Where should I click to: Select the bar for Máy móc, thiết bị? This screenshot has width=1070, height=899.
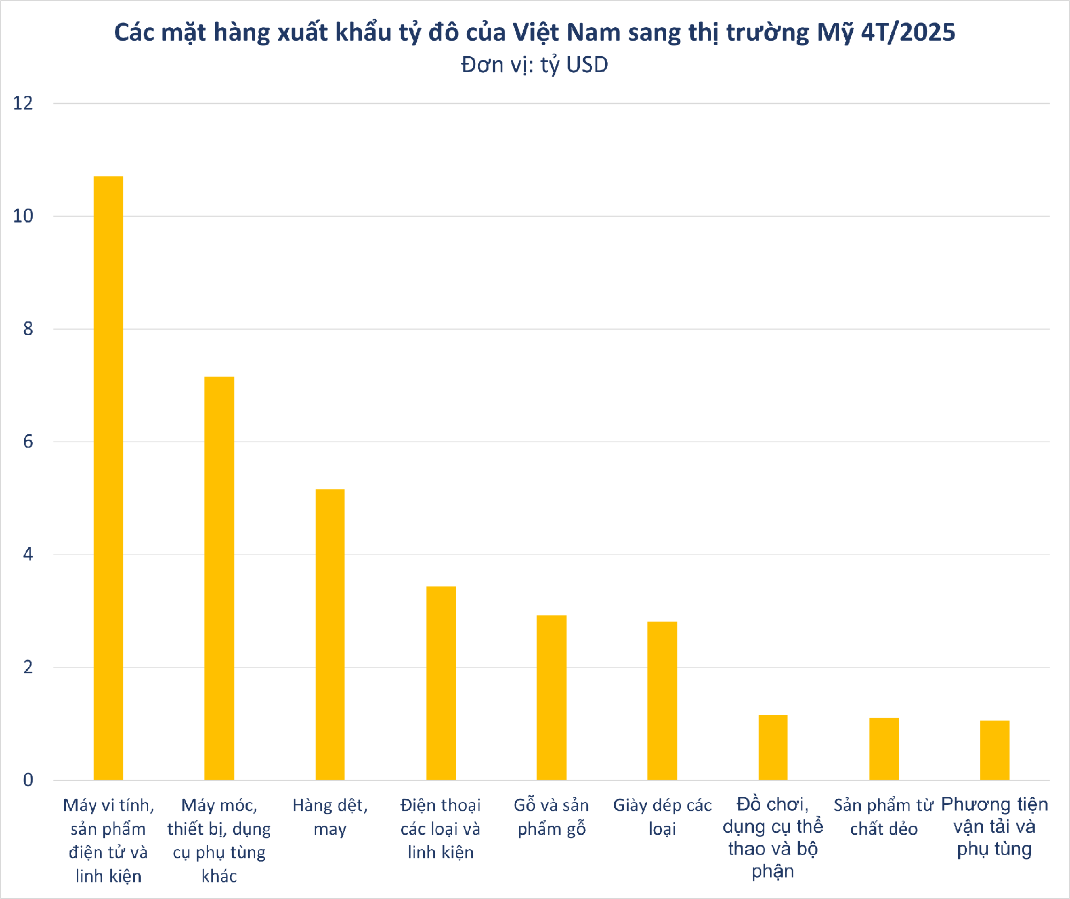click(x=219, y=578)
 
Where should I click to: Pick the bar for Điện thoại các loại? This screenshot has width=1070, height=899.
click(x=441, y=683)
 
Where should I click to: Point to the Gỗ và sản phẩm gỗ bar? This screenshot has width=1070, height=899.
click(x=552, y=697)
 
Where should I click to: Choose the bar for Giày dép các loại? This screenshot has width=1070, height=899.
click(x=662, y=701)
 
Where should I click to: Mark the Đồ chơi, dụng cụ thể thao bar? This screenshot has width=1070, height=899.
click(x=773, y=747)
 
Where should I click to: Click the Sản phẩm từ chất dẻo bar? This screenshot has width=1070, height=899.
click(x=884, y=749)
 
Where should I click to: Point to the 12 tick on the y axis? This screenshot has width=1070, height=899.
click(x=23, y=103)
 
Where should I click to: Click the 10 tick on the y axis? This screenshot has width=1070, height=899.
click(x=23, y=216)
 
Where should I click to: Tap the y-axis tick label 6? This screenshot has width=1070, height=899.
click(x=28, y=442)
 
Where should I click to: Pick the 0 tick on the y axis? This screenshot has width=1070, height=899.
click(x=28, y=780)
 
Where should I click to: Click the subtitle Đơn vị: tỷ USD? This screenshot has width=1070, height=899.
click(x=534, y=65)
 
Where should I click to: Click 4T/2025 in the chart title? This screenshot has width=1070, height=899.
click(x=908, y=33)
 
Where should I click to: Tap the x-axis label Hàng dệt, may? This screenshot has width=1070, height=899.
click(x=330, y=817)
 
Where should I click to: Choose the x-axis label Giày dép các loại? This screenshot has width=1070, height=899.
click(x=662, y=817)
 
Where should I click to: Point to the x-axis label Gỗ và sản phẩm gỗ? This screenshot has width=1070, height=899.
click(x=552, y=817)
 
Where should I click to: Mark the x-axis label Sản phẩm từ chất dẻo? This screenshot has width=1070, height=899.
click(x=884, y=817)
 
